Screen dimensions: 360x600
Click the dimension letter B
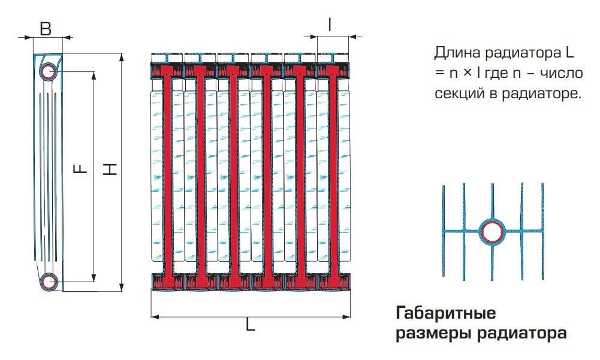coord(45,27)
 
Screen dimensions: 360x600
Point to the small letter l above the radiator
coord(330,25)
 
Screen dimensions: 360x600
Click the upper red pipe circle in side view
coord(48,71)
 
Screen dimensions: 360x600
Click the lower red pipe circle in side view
coord(49,281)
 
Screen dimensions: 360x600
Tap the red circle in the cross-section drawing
coord(493,232)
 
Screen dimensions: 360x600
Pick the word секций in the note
coord(455,94)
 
